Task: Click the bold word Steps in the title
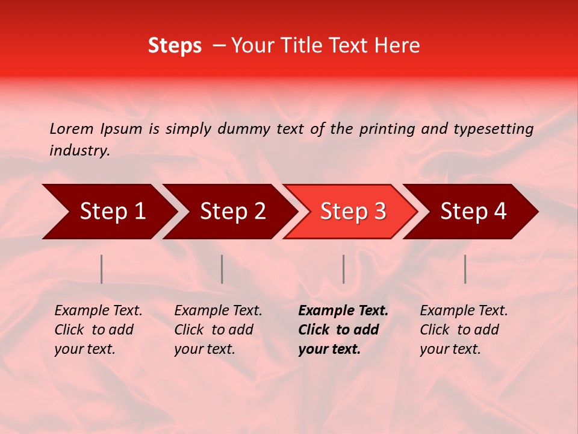175,46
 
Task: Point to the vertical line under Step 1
102,269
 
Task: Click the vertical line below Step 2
222,269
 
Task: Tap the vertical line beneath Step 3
344,269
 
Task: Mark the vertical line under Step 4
465,269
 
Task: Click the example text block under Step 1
98,330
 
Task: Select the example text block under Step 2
218,330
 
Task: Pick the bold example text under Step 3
343,330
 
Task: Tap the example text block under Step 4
464,330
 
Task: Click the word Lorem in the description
72,128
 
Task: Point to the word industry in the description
79,151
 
